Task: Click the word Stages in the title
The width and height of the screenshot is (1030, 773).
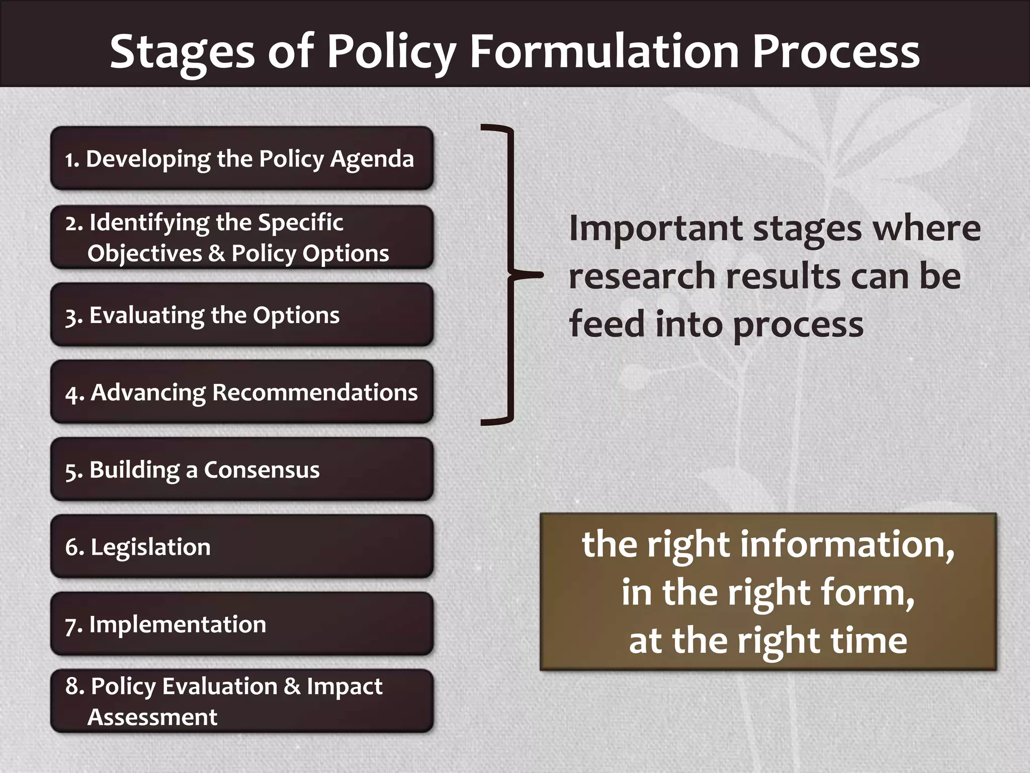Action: coord(182,51)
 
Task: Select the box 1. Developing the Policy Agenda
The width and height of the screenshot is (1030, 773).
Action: coord(241,159)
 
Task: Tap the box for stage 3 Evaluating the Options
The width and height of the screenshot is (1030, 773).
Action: coord(241,315)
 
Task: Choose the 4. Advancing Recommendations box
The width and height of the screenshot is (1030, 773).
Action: coord(241,392)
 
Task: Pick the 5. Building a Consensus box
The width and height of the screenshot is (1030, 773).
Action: coord(241,470)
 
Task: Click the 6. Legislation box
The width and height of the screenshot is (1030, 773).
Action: coord(241,547)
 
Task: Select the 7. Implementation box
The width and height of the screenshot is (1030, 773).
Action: coord(241,624)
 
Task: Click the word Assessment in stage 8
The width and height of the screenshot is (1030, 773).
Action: coord(152,717)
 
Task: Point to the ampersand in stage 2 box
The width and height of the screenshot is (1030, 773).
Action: coord(216,253)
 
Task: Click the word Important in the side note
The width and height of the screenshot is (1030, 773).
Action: coord(655,229)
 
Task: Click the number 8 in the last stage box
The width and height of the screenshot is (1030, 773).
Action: coord(73,686)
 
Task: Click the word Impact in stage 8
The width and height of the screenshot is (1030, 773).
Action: coord(345,686)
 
